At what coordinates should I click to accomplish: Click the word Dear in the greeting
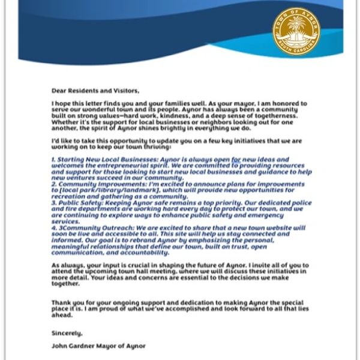pyautogui.click(x=61, y=91)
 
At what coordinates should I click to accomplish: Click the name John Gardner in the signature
pyautogui.click(x=77, y=347)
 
